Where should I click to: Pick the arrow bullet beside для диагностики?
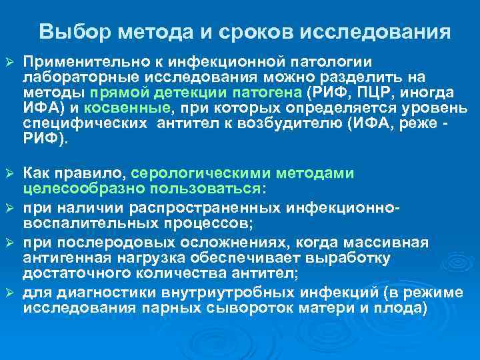(9, 293)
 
